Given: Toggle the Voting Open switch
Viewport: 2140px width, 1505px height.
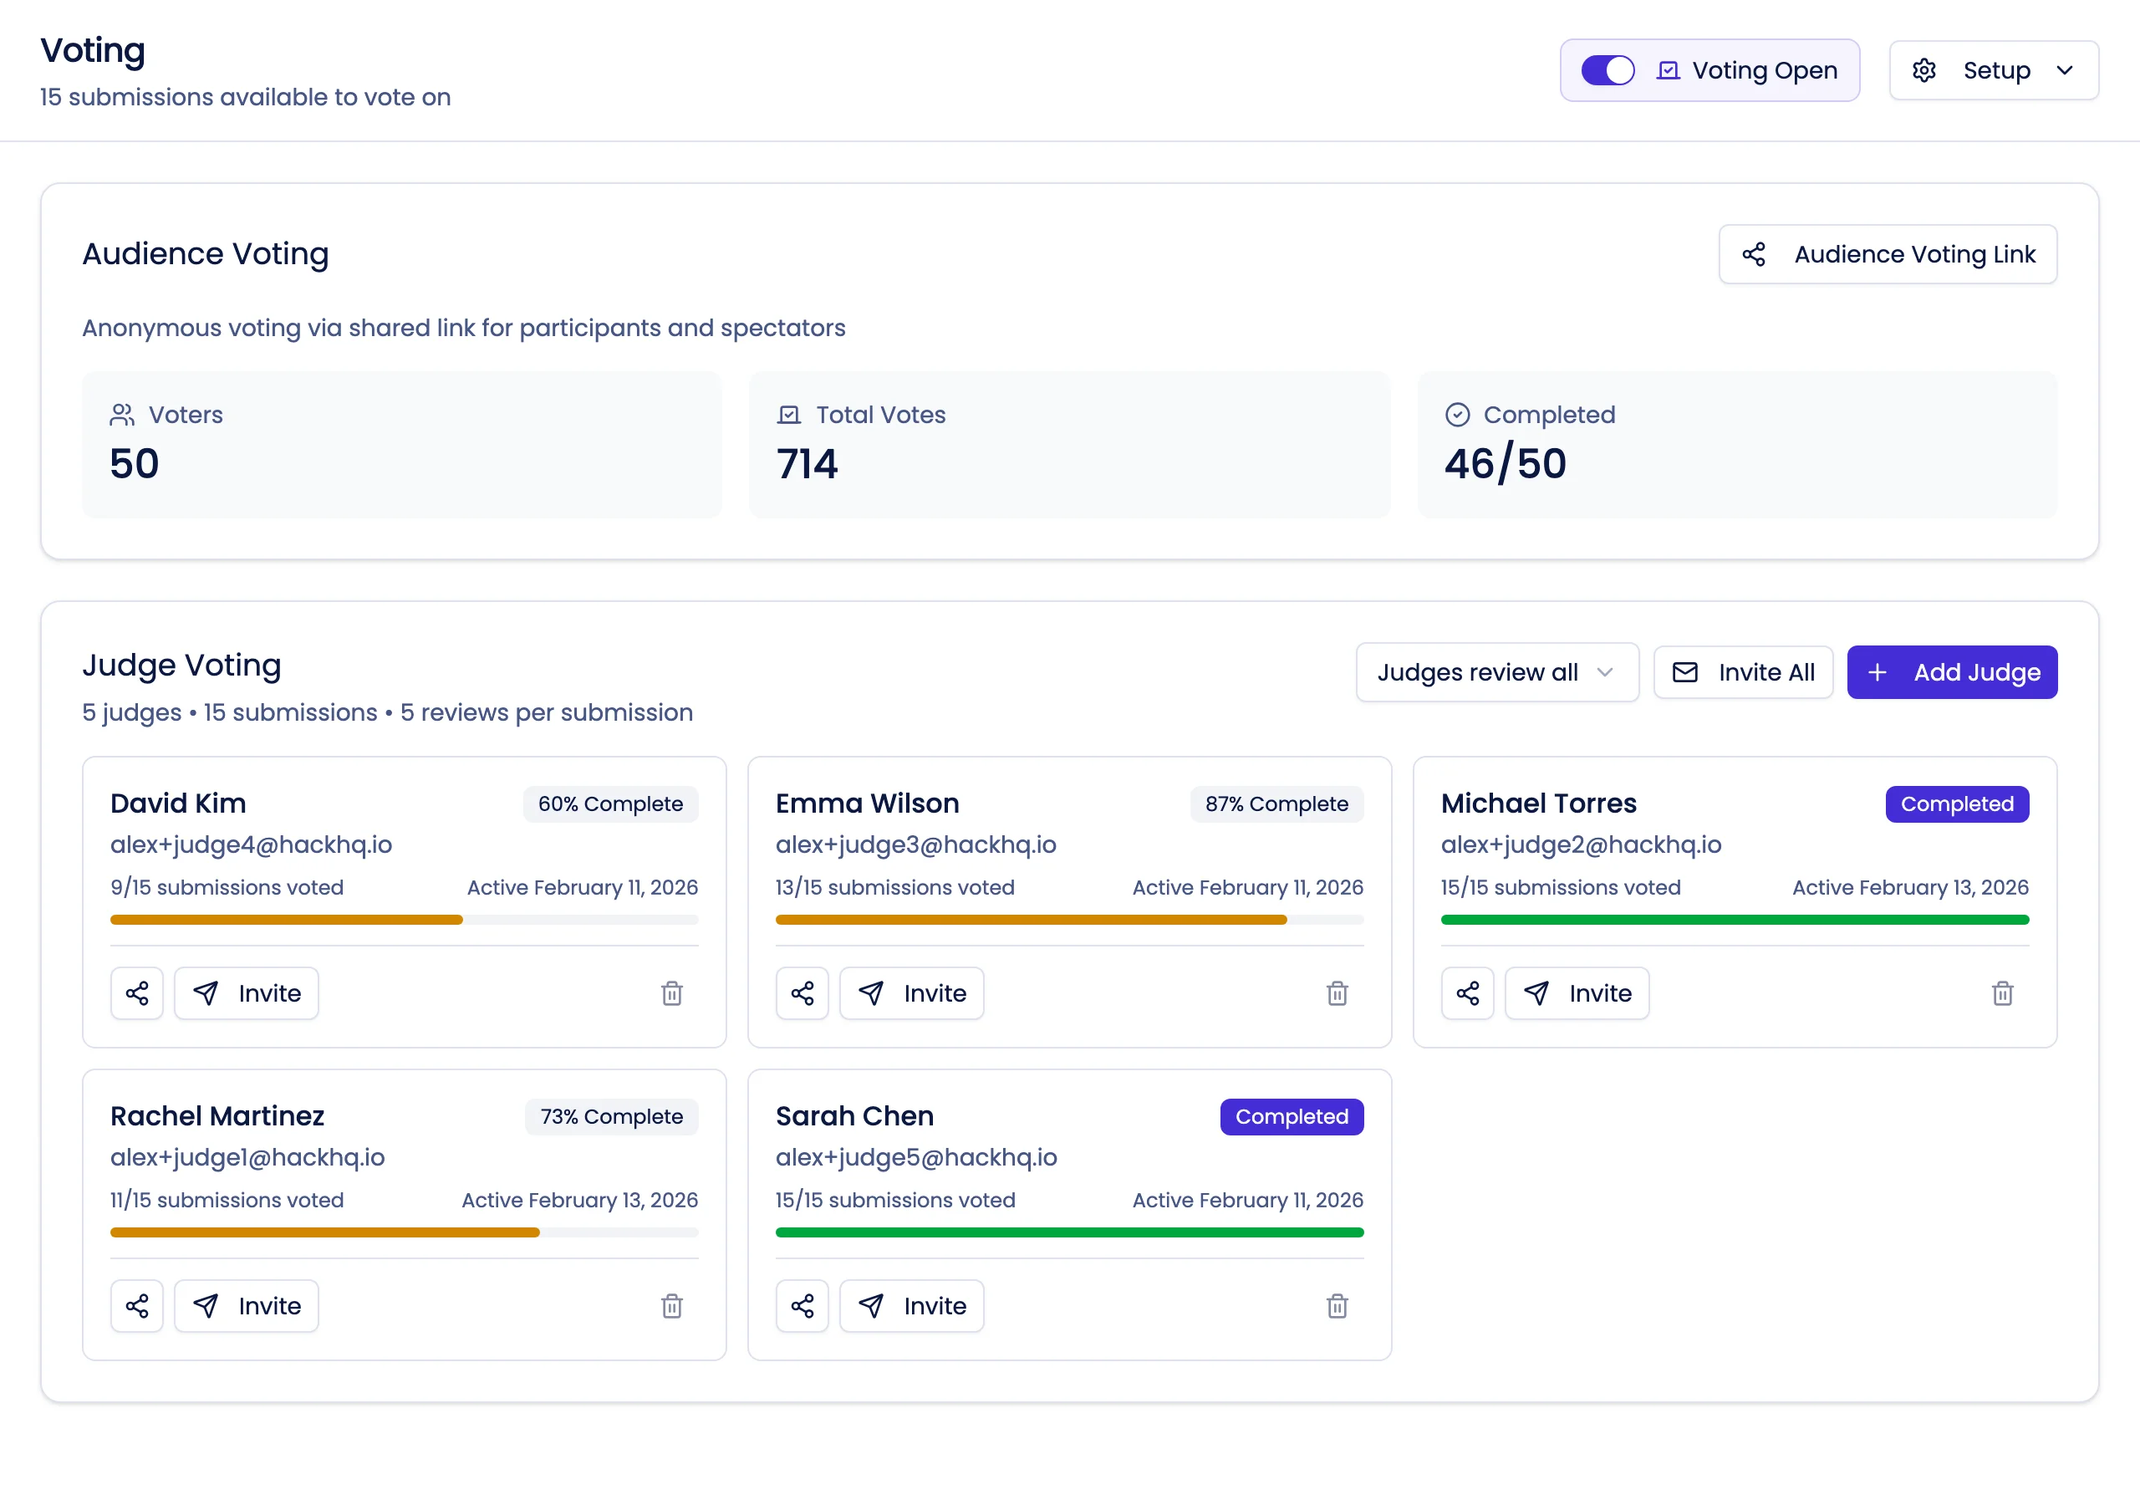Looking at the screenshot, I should tap(1607, 71).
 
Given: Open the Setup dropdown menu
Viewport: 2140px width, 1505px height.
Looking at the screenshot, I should tap(1993, 71).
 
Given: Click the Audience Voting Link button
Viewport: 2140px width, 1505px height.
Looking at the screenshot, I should tap(1888, 254).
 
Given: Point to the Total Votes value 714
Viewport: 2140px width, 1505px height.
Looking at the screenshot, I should tap(808, 464).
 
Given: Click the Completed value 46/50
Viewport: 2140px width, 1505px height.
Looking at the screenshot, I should tap(1505, 464).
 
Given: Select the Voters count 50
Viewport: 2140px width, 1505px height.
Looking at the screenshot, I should tap(135, 464).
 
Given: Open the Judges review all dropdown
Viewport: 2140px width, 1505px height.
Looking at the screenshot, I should tap(1496, 672).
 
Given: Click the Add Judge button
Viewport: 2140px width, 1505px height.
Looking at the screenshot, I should tap(1952, 672).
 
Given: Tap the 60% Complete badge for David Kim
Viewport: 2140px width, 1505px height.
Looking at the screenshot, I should tap(609, 804).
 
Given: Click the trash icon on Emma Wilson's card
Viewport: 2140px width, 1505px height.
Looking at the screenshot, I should tap(1337, 993).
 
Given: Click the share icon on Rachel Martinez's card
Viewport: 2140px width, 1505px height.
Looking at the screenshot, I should tap(137, 1305).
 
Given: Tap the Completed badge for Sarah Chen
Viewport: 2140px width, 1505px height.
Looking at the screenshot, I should tap(1291, 1116).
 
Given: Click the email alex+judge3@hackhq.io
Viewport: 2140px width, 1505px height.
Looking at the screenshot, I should tap(915, 844).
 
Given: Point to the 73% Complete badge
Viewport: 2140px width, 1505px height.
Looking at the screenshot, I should tap(610, 1116).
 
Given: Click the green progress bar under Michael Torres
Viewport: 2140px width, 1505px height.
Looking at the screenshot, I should tap(1734, 920).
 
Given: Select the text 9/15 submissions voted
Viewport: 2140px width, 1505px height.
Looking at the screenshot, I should tap(227, 888).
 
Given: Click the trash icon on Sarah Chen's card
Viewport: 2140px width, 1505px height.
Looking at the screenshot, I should tap(1337, 1305).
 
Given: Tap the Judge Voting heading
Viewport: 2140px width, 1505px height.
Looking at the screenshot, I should tap(181, 666).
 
